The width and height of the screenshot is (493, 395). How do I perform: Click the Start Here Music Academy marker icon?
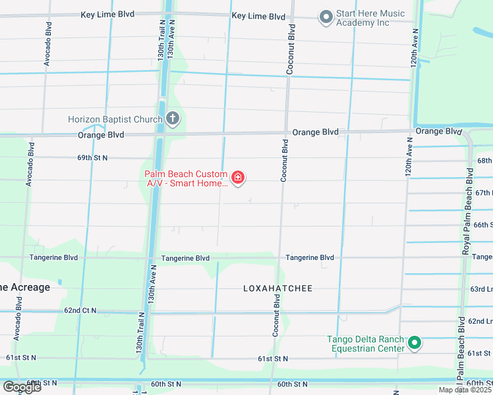pyautogui.click(x=325, y=18)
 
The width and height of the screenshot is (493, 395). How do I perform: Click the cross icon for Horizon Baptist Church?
pyautogui.click(x=173, y=119)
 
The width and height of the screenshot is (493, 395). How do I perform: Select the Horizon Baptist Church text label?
pyautogui.click(x=115, y=119)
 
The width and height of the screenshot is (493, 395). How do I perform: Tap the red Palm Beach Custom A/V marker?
pyautogui.click(x=238, y=178)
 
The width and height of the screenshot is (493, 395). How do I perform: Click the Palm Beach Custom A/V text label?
pyautogui.click(x=187, y=179)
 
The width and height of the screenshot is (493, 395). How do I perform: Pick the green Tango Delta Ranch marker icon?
pyautogui.click(x=415, y=342)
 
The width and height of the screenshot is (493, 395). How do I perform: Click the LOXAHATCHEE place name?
pyautogui.click(x=277, y=288)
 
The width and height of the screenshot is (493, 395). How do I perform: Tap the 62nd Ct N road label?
pyautogui.click(x=80, y=310)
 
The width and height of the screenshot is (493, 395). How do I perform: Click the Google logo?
pyautogui.click(x=22, y=387)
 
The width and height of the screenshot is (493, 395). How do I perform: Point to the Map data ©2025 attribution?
pyautogui.click(x=465, y=390)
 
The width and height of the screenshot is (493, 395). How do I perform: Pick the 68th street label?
pyautogui.click(x=484, y=161)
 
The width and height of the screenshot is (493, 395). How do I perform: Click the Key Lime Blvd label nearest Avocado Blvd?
pyautogui.click(x=107, y=14)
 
